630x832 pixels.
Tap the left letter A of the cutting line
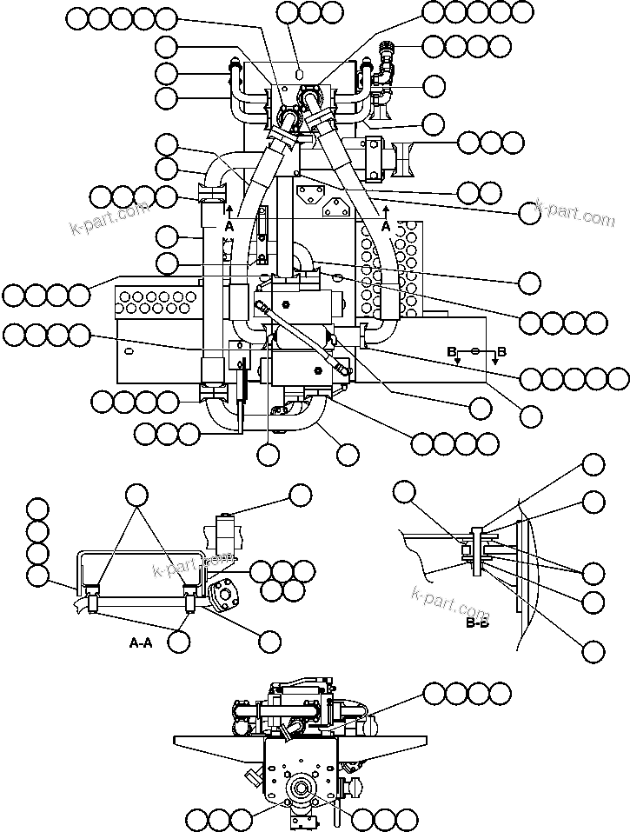click(229, 225)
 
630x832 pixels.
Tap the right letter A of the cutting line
click(386, 225)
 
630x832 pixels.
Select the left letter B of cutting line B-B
click(452, 352)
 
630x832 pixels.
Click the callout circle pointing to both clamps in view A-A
click(137, 496)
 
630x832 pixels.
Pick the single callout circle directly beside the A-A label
click(179, 642)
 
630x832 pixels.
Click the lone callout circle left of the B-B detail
click(403, 493)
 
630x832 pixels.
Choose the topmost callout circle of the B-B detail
click(594, 464)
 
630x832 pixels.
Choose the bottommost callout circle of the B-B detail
click(594, 649)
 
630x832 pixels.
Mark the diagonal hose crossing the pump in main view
click(302, 337)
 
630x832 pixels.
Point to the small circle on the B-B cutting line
click(474, 350)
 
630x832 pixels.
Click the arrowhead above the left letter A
click(229, 209)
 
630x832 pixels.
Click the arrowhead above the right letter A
click(386, 209)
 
